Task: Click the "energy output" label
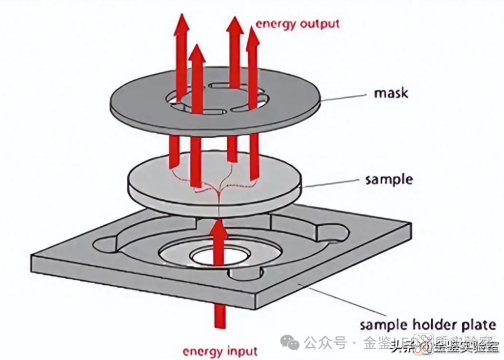click(298, 24)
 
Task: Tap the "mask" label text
click(391, 94)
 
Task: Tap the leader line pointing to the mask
click(346, 97)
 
